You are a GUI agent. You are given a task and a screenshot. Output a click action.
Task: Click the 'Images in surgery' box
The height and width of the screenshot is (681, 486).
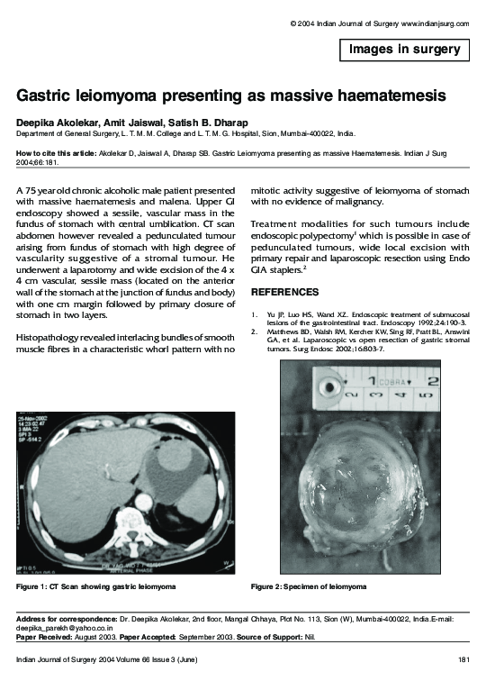[404, 50]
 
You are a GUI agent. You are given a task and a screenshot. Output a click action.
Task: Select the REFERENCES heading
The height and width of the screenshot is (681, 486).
[283, 293]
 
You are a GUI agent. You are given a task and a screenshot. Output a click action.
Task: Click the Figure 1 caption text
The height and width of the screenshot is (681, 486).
[95, 586]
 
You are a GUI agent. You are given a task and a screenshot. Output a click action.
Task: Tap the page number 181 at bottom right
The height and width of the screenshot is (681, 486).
[463, 661]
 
